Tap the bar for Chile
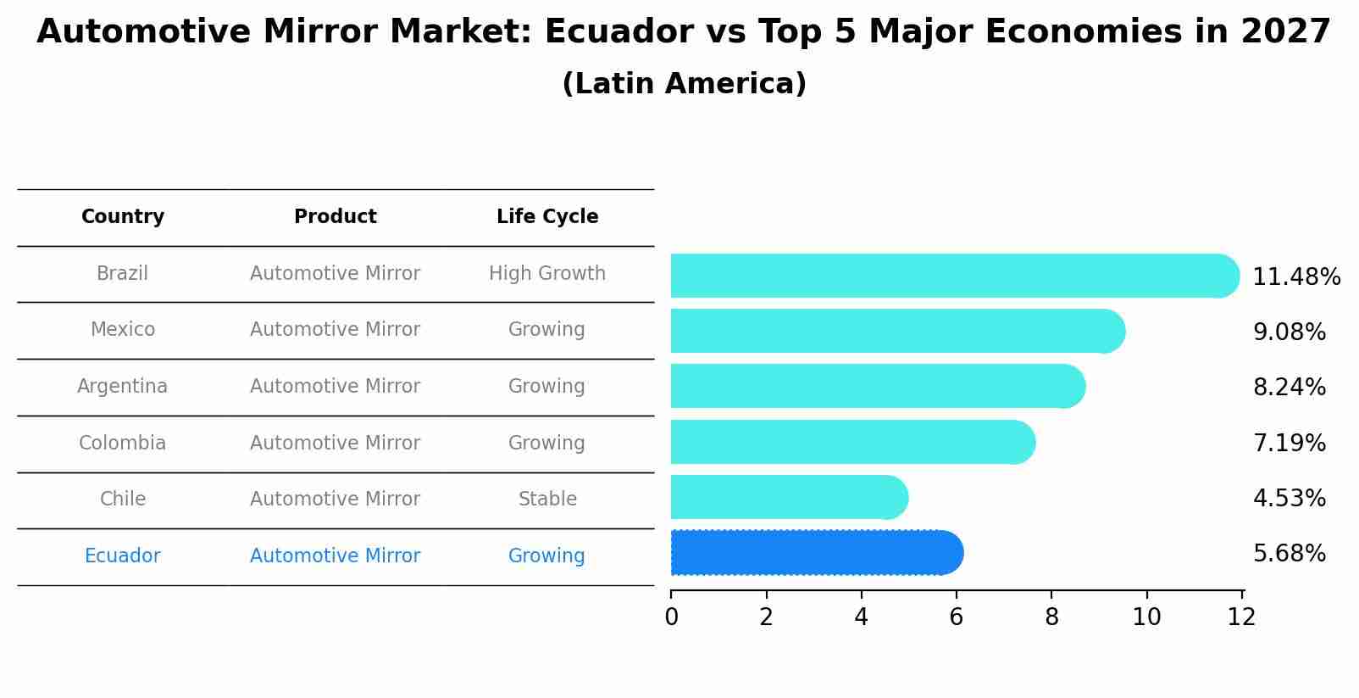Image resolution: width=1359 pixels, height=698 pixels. coord(788,497)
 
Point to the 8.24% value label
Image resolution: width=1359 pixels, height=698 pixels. coord(1289,388)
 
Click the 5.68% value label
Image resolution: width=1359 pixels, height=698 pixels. coord(1289,554)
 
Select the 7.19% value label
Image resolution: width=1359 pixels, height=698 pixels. coord(1289,443)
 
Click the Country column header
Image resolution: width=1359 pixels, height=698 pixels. coord(123,217)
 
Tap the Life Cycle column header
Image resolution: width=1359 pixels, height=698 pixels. coord(547,217)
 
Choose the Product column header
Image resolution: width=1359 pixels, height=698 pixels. coord(336,217)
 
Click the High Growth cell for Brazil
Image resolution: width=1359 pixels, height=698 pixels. coord(547,274)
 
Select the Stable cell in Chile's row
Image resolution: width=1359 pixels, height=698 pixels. coord(547,500)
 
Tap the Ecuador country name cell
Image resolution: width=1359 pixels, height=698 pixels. coord(123,556)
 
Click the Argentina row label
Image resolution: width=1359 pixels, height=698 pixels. coord(123,387)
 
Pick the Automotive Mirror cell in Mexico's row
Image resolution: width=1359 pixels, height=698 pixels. coord(336,330)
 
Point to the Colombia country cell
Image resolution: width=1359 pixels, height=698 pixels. coord(123,444)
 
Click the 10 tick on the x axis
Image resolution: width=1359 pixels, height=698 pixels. coord(1146,617)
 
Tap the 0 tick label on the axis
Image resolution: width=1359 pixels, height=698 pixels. coord(671,617)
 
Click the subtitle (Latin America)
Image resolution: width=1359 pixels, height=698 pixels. coord(684,84)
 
